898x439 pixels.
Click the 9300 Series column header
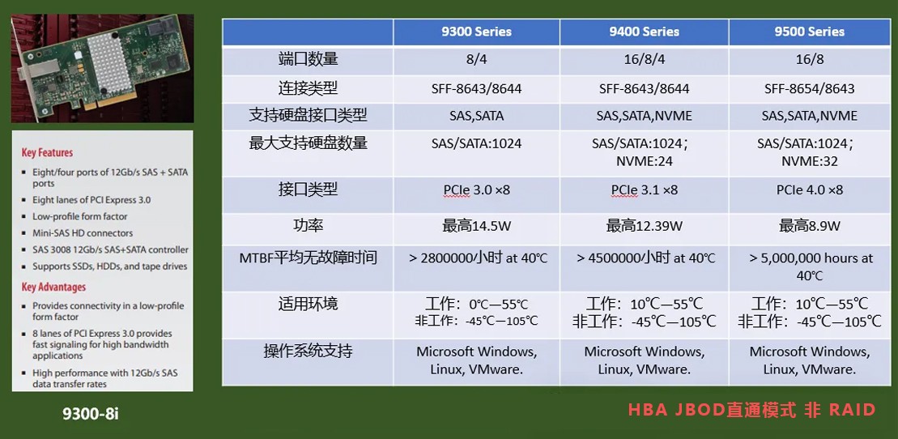coord(476,32)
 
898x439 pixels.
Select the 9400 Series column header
coord(644,32)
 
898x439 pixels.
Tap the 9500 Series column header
coord(809,32)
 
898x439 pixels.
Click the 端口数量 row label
coord(308,59)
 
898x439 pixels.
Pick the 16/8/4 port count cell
coord(645,60)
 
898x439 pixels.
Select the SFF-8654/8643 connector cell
coord(809,89)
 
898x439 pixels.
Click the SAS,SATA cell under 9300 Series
coord(476,116)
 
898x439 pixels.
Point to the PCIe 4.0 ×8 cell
coord(810,190)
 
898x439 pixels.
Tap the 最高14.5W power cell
coord(476,226)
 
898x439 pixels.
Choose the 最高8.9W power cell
coord(809,226)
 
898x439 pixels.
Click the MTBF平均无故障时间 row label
coord(309,258)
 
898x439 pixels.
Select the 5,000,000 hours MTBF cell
coord(810,266)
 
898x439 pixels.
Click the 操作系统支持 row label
coord(308,351)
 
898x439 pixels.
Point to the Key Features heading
coord(47,152)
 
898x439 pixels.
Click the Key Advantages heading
coord(53,287)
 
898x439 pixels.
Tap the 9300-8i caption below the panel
coord(91,413)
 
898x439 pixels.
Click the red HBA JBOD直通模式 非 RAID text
coord(752,410)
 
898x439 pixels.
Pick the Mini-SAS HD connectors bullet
coord(83,233)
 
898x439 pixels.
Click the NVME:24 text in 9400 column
coord(645,161)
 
